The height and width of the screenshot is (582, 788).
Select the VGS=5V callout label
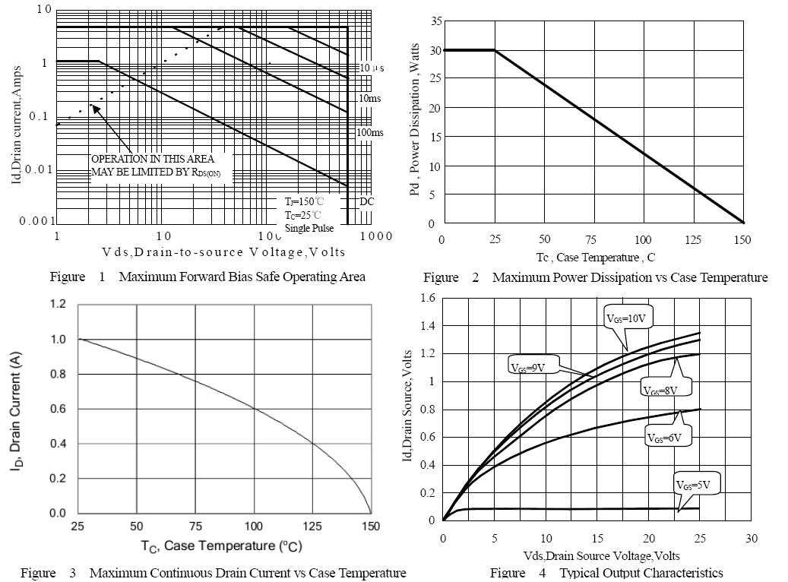point(697,484)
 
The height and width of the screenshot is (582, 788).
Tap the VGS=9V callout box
point(530,366)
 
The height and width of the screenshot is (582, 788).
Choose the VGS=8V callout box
point(663,389)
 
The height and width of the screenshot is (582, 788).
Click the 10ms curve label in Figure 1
point(369,99)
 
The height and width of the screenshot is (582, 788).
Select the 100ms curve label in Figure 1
point(370,132)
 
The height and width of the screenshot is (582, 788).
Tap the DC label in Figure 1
point(366,202)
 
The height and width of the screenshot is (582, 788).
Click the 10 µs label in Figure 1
point(372,68)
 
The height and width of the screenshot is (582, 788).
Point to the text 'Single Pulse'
point(309,228)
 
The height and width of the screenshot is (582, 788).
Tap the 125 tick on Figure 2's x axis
point(692,239)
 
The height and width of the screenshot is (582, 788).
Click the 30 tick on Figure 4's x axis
point(752,539)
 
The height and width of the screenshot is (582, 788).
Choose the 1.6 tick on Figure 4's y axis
point(427,298)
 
